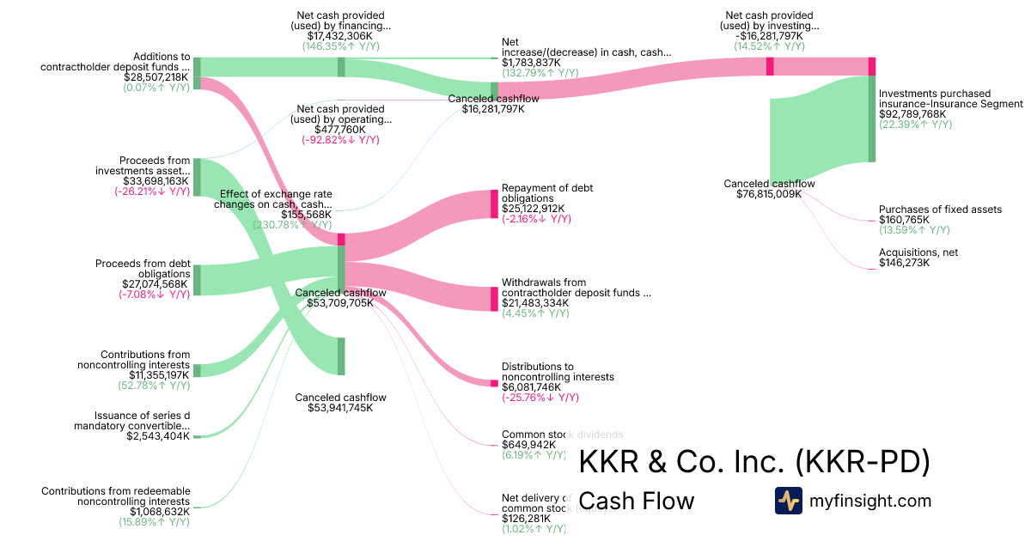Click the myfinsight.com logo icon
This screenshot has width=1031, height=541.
[x=788, y=500]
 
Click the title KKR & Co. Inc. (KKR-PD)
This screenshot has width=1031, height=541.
[x=754, y=462]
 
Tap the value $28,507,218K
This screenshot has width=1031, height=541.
[x=157, y=76]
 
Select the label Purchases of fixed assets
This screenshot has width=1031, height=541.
[x=940, y=210]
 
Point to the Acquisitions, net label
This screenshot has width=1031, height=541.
[x=918, y=252]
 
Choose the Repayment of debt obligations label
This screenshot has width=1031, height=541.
[x=547, y=193]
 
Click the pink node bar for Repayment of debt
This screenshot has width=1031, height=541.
[x=494, y=204]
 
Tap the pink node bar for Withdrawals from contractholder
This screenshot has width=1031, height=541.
[x=494, y=299]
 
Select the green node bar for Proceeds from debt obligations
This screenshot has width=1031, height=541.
[x=197, y=280]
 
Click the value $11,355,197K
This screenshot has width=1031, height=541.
[x=159, y=375]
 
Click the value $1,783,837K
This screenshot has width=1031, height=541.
[x=531, y=63]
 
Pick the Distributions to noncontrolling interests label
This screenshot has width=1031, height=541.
[x=558, y=372]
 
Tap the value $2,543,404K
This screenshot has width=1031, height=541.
[x=157, y=436]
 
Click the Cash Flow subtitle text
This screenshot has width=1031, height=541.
[x=636, y=501]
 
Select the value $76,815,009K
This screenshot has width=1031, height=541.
[x=769, y=194]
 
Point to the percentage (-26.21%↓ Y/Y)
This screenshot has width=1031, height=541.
[x=152, y=191]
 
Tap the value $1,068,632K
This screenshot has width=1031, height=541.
[x=159, y=512]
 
